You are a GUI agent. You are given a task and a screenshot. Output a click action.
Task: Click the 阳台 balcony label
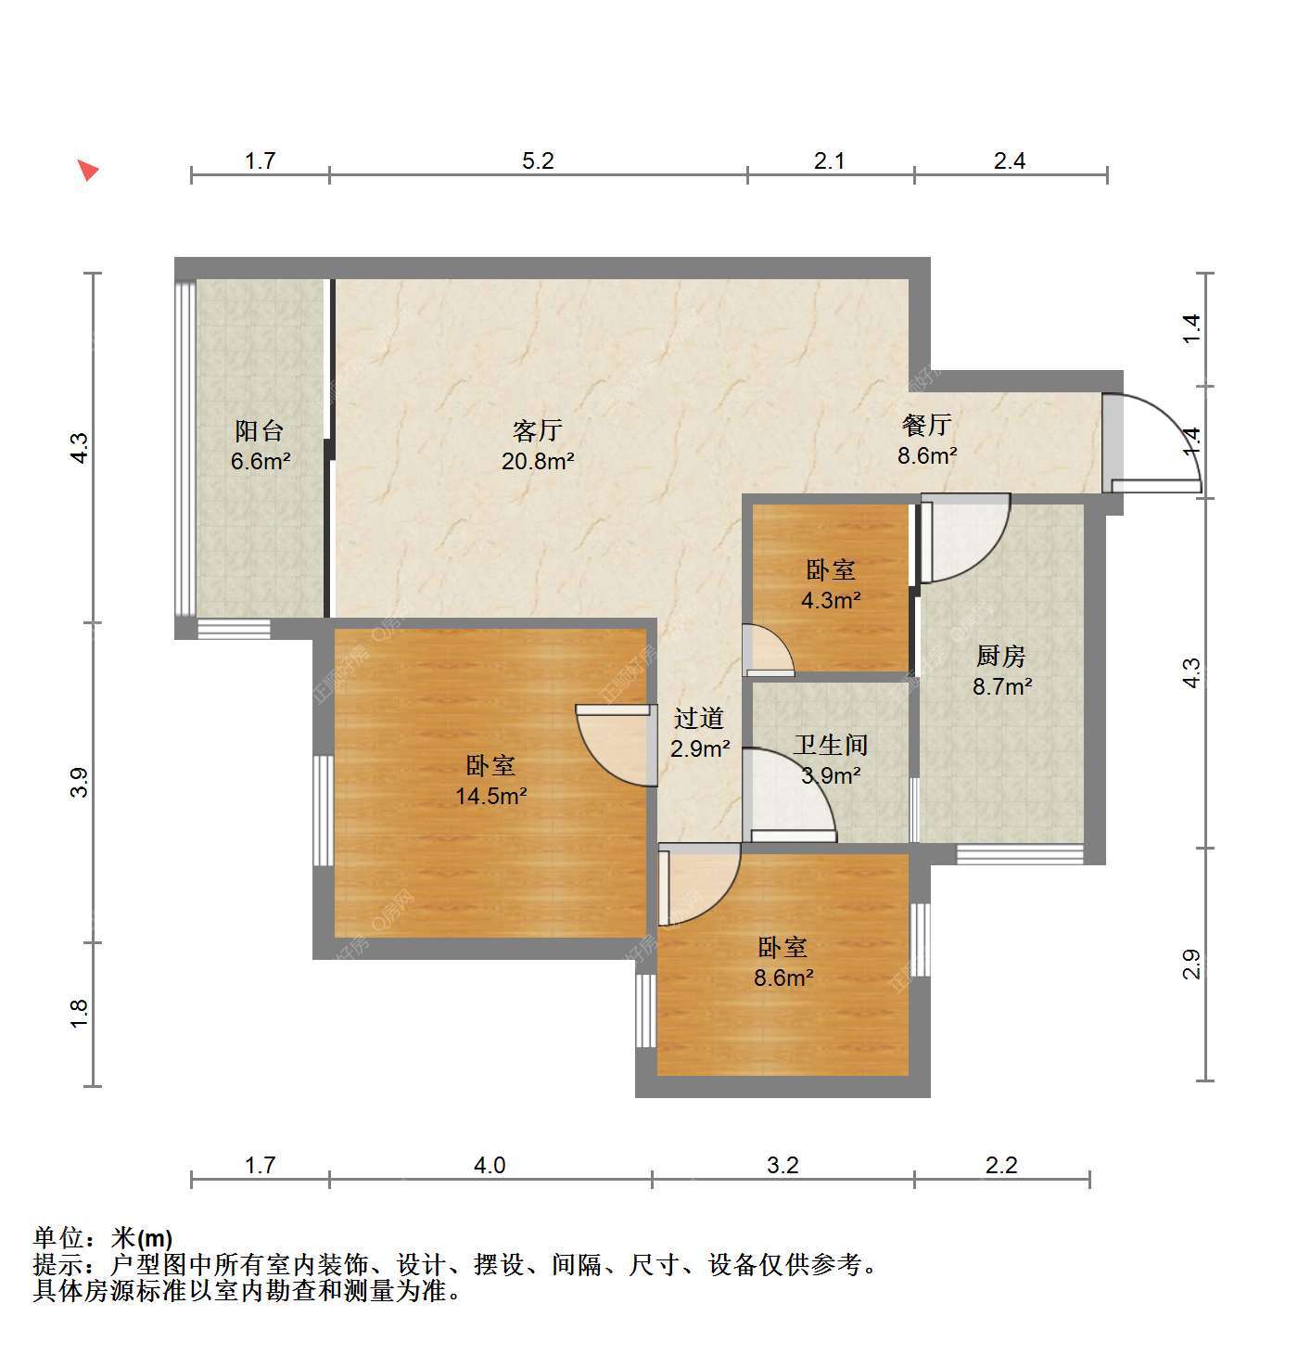point(259,431)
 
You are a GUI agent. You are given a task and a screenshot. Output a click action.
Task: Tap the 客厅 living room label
point(538,431)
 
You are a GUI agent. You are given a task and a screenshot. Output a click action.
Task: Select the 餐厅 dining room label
point(926,425)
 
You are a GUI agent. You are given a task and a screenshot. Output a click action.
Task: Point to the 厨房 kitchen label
point(1000,656)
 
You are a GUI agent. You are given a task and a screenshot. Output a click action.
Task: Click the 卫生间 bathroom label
point(831,745)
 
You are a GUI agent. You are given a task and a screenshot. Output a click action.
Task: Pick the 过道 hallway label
point(699,718)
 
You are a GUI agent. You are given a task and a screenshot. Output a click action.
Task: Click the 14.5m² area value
point(490,795)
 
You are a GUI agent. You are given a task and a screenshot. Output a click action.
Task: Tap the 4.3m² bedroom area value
point(831,599)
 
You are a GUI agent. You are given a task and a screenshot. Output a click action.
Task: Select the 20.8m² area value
point(538,461)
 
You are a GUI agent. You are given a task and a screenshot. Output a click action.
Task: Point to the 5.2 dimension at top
point(538,160)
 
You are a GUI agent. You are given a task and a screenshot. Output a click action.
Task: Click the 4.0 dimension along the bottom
point(490,1165)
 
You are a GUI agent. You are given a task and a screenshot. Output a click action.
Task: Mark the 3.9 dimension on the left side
point(80,782)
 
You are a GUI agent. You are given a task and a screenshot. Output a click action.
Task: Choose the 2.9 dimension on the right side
point(1190,964)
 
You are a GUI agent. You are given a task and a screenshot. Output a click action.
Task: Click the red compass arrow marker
point(88,170)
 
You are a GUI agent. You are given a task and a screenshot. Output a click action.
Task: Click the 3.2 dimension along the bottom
point(783,1165)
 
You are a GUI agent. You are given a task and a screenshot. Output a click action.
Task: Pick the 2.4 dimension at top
point(1009,160)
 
